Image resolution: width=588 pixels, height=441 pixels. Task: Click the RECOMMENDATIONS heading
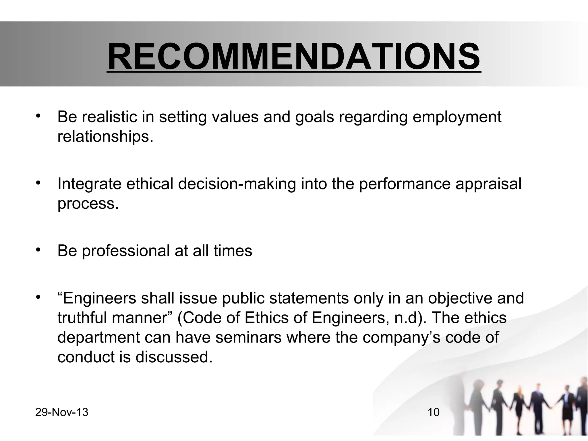pos(294,57)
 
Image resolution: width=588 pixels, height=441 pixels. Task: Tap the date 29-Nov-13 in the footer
pos(62,412)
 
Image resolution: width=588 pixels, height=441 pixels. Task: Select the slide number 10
pos(434,412)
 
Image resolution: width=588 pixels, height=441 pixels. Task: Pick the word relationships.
pos(105,137)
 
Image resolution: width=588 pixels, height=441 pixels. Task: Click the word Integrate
pos(89,184)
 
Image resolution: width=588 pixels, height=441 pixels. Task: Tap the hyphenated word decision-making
pos(237,184)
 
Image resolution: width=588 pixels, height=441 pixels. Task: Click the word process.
pos(88,204)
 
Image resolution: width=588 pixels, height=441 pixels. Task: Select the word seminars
pos(249,337)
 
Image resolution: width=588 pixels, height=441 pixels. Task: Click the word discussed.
pos(174,357)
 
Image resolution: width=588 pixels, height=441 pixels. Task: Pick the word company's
pos(401,338)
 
